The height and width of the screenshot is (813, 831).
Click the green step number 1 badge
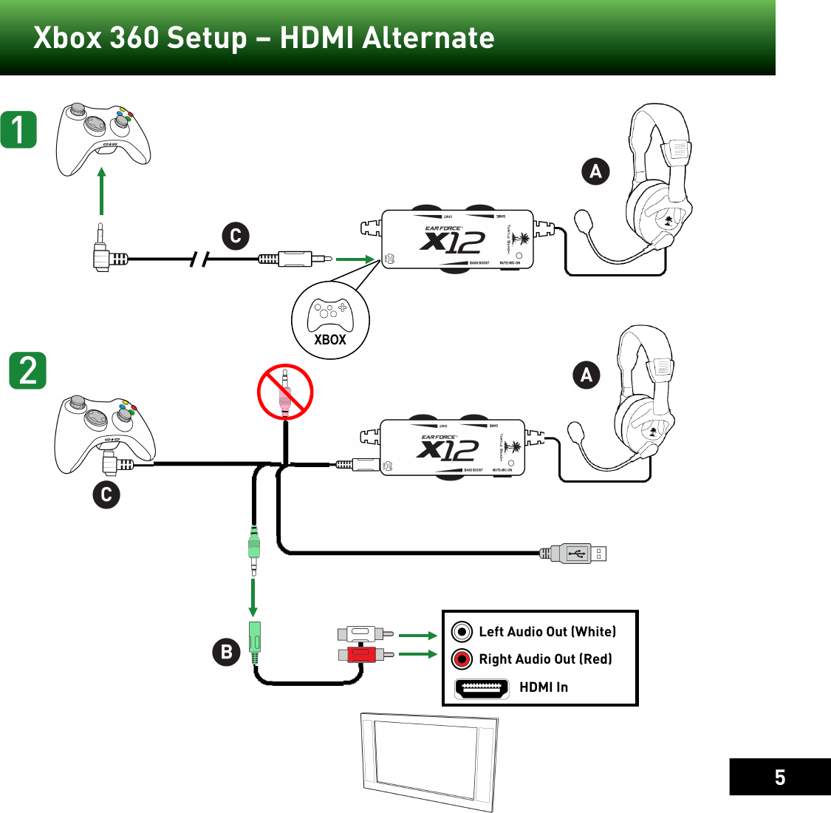click(18, 129)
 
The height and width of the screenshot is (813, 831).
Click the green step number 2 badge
click(28, 370)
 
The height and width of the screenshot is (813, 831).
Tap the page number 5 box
click(779, 777)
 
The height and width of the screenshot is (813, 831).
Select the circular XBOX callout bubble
click(330, 321)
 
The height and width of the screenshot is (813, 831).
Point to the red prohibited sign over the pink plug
click(285, 392)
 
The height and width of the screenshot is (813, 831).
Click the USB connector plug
click(576, 553)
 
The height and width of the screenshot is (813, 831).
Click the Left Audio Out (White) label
click(547, 632)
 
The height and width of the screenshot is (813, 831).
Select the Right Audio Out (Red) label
click(545, 659)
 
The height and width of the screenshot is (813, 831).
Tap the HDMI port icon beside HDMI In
click(482, 688)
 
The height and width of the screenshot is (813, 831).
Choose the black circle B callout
click(227, 652)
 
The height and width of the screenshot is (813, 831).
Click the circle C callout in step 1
click(236, 237)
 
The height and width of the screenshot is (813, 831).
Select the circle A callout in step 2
click(587, 375)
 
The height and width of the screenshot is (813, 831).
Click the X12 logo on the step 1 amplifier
click(452, 242)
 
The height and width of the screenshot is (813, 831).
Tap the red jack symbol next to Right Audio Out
click(462, 659)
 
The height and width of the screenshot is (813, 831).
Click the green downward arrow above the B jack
click(253, 597)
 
